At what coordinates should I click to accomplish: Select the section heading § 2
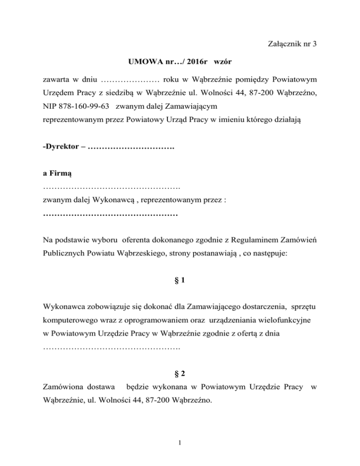click(180, 374)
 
